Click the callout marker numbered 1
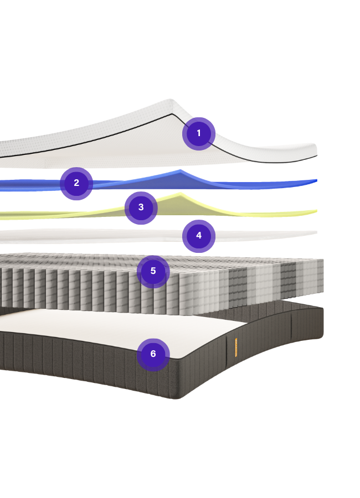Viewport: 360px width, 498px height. click(199, 133)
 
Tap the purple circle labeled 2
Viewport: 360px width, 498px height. click(76, 183)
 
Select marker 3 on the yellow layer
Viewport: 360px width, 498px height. click(141, 207)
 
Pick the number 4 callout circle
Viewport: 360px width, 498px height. click(199, 236)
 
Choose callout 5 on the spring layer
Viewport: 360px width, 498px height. click(153, 271)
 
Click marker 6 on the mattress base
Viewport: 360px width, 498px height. click(153, 354)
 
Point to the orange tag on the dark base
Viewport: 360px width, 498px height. click(236, 347)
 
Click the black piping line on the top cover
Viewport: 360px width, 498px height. click(111, 133)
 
